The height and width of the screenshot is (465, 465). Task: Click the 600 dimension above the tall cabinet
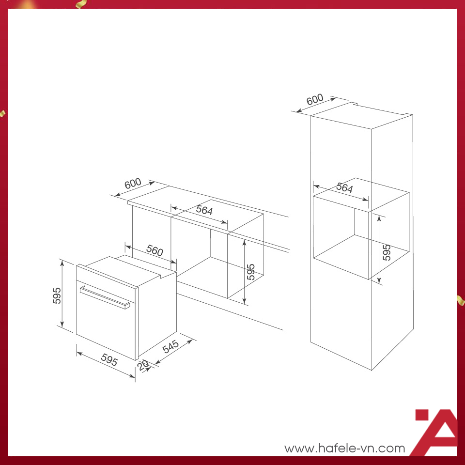pos(315,99)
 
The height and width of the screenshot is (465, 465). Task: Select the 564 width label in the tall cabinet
pos(344,188)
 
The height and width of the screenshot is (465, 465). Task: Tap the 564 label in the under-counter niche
pos(204,210)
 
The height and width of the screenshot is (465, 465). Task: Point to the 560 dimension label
pos(155,250)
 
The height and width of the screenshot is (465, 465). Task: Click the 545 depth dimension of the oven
pos(171,346)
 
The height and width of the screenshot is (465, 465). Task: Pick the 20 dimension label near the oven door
pos(143,365)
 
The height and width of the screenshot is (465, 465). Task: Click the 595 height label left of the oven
pos(57,295)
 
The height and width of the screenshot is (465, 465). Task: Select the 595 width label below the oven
pos(109,360)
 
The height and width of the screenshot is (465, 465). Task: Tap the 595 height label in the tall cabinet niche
pos(387,252)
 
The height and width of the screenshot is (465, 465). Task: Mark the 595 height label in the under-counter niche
pos(251,272)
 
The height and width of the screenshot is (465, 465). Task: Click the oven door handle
pos(105,297)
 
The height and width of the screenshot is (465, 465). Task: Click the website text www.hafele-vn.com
pos(344,448)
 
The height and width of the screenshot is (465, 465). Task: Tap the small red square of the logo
pos(422,415)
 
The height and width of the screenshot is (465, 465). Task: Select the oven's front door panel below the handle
pos(106,326)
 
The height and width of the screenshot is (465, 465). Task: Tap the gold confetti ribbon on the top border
pos(81,3)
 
